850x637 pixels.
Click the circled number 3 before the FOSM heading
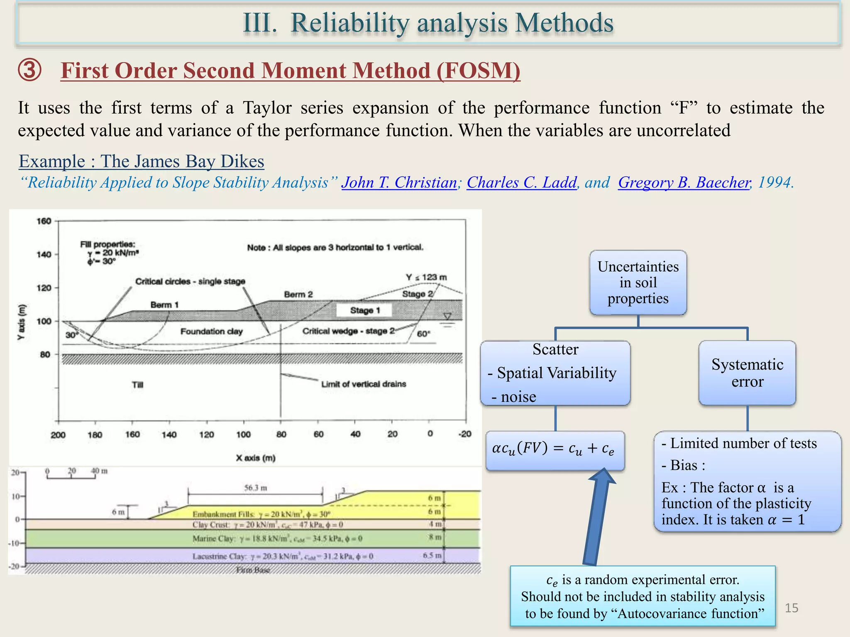click(30, 70)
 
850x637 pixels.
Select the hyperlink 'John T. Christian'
click(399, 182)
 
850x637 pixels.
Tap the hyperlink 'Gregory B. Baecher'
click(684, 182)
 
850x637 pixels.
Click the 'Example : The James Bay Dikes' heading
click(142, 161)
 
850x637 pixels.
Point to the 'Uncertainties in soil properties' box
click(638, 282)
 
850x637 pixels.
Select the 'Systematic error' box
click(747, 373)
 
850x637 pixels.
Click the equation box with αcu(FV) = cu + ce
click(555, 450)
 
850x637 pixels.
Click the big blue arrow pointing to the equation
click(596, 518)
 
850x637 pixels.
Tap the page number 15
click(791, 608)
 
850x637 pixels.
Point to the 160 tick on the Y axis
click(44, 221)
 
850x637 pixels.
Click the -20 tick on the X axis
click(465, 434)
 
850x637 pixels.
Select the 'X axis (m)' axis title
click(256, 458)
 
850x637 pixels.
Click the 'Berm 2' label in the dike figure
click(298, 294)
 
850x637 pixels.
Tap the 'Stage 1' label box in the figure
click(364, 310)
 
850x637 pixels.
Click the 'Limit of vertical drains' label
click(364, 384)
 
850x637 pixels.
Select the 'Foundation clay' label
click(211, 331)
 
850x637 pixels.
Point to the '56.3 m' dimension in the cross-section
click(256, 488)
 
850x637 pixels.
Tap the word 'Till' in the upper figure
click(137, 385)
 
